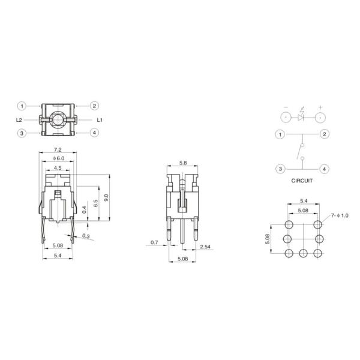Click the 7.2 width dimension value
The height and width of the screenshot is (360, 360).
point(58,150)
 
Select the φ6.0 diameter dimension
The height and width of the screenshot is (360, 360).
point(58,158)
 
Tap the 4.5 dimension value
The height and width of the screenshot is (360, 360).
point(58,168)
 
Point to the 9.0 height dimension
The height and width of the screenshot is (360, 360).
point(106,197)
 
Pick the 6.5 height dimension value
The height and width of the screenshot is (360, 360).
point(95,203)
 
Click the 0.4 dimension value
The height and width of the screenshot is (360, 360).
point(84,209)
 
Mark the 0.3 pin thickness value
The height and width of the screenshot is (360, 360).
point(86,236)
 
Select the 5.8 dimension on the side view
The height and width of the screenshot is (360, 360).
point(183,163)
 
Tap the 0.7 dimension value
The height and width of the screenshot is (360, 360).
point(154,242)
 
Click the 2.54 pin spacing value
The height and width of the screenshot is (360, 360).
point(205,247)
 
